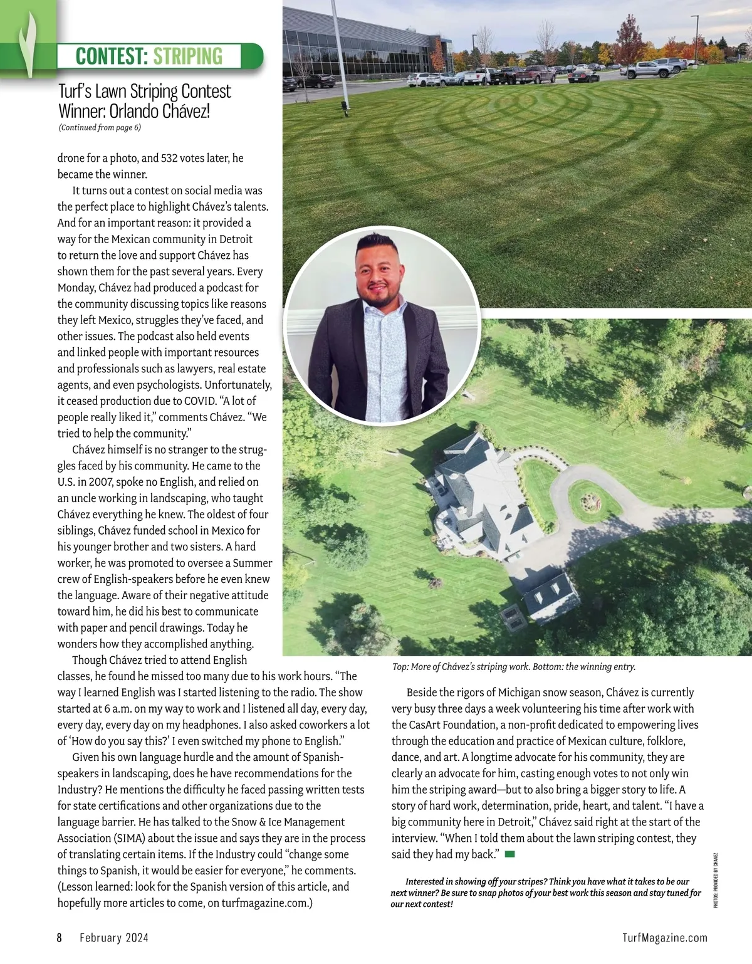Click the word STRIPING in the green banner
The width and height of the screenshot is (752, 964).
(x=187, y=56)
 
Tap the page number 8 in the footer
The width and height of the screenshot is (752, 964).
(x=60, y=938)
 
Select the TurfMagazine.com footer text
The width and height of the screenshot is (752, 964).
(x=665, y=938)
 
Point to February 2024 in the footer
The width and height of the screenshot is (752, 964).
(x=114, y=938)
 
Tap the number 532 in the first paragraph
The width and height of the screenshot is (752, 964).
(x=172, y=158)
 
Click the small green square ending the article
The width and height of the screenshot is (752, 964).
(x=509, y=854)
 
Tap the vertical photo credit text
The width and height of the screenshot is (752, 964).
(x=716, y=879)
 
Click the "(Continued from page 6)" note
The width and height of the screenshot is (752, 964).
(x=100, y=128)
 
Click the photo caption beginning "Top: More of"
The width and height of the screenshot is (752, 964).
(x=514, y=667)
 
